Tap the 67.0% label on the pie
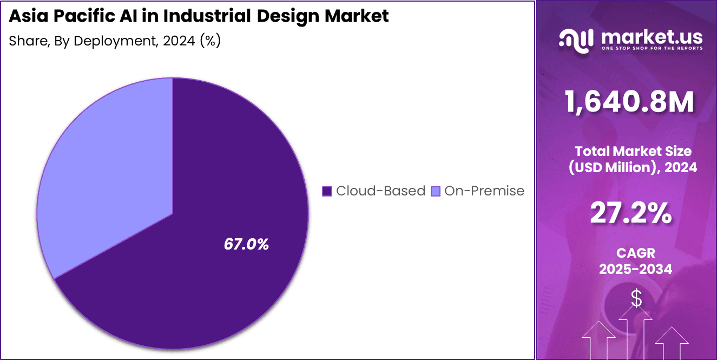click(x=246, y=244)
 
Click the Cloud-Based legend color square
click(x=326, y=191)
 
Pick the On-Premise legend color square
click(x=435, y=191)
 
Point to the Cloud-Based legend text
click(x=380, y=191)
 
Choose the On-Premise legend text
click(x=484, y=191)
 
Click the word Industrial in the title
click(x=207, y=16)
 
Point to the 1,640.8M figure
click(x=629, y=102)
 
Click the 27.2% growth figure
click(x=631, y=214)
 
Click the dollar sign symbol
click(x=636, y=298)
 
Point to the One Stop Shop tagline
click(x=652, y=48)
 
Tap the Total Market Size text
click(x=633, y=151)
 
